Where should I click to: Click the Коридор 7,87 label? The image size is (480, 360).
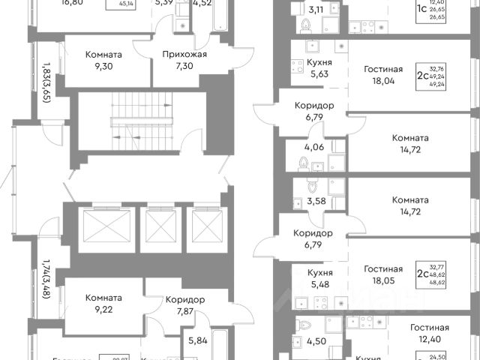184,306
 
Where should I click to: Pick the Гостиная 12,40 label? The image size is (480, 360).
429,332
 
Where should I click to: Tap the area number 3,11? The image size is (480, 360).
316,10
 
